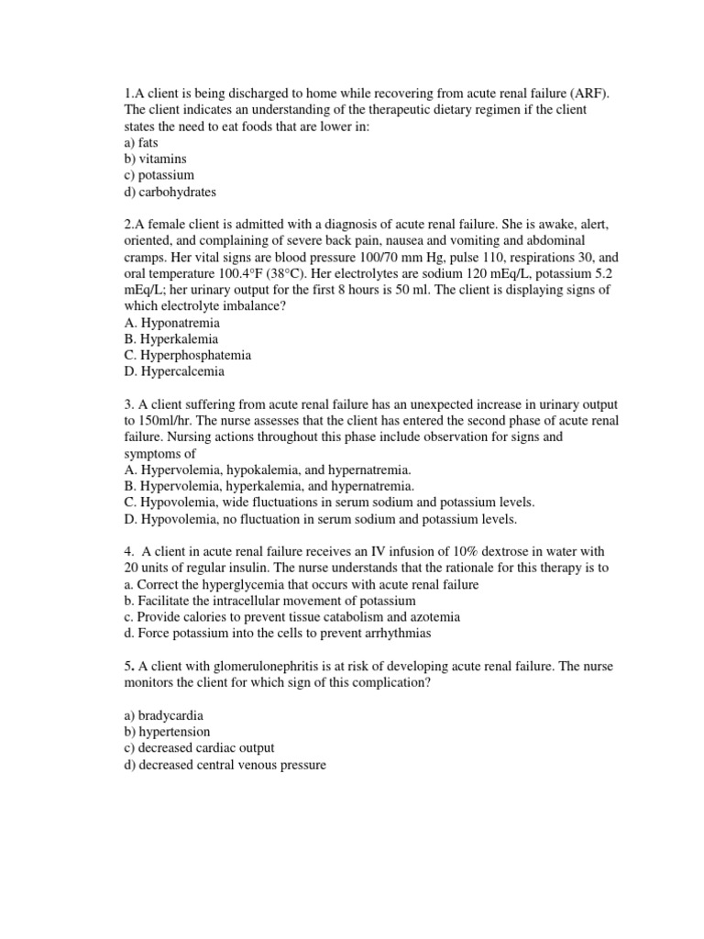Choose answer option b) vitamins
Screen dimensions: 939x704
[156, 159]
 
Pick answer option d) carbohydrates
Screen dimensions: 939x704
[170, 192]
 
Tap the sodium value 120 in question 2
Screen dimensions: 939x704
[453, 274]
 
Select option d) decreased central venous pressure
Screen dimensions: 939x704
[225, 765]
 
